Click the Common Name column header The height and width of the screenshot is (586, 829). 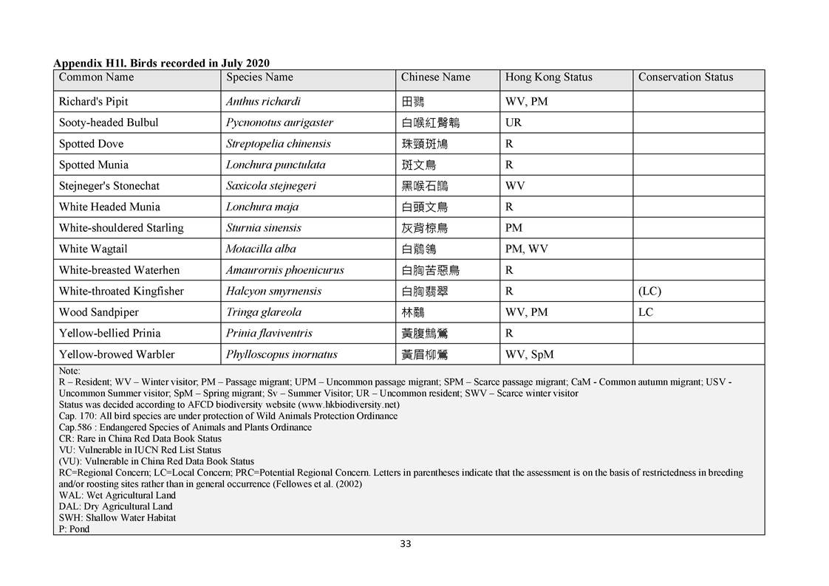tap(96, 77)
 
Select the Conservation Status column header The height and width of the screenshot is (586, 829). tap(685, 77)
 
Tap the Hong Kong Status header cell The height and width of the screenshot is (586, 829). tap(548, 77)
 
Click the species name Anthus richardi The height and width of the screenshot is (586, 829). tap(263, 102)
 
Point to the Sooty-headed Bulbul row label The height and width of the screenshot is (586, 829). tap(109, 123)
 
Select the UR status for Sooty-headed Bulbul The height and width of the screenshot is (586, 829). tap(513, 123)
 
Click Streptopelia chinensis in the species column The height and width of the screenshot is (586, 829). tap(278, 144)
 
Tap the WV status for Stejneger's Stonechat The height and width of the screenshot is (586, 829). tap(515, 186)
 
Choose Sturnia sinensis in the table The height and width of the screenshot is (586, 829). tap(263, 228)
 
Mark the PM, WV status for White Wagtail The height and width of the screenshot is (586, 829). tap(526, 249)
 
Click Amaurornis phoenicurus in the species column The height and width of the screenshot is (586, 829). tap(284, 270)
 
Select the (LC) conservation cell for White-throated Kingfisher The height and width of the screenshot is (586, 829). tap(649, 292)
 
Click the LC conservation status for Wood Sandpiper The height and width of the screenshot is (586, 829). tap(645, 312)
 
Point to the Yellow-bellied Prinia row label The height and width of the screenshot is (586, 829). tap(109, 334)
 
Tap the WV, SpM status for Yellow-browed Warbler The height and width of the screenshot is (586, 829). tap(529, 355)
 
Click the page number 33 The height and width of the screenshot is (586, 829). tap(405, 544)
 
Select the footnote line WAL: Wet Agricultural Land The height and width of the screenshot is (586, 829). tap(117, 495)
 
